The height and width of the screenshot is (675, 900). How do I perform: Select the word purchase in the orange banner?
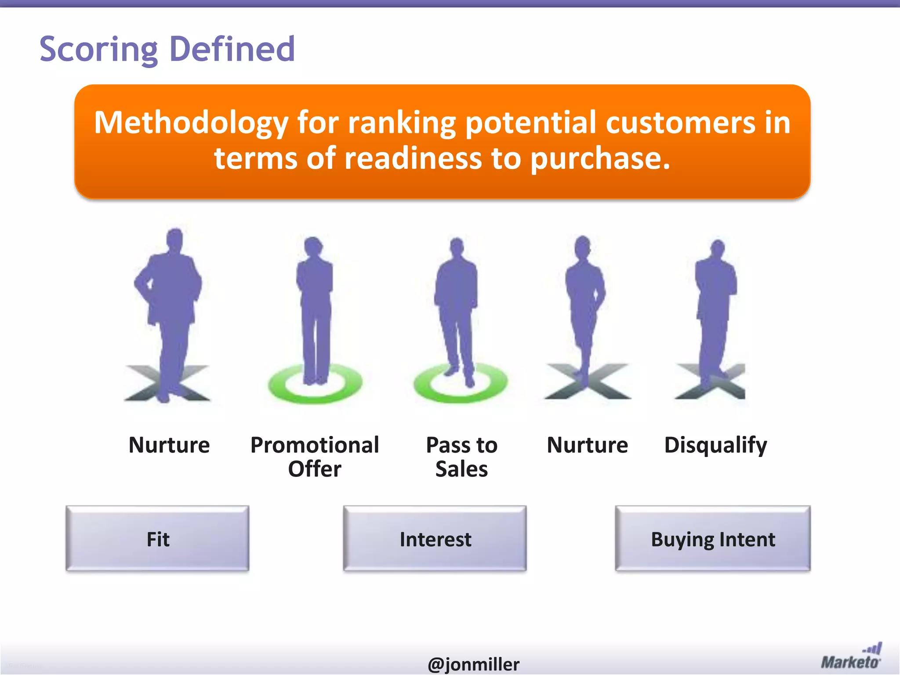tap(600, 158)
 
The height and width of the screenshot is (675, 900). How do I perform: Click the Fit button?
tap(157, 539)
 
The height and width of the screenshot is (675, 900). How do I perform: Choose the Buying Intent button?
tap(712, 539)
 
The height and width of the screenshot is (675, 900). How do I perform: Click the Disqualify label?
tap(715, 445)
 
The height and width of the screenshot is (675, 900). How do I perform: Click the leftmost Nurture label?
tap(169, 445)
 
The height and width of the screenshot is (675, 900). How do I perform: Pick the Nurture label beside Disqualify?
tap(587, 445)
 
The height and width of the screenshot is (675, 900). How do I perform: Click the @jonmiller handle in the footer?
tap(473, 664)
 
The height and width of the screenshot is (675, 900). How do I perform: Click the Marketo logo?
tap(851, 657)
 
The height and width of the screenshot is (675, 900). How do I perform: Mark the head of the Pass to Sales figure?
tap(457, 247)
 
